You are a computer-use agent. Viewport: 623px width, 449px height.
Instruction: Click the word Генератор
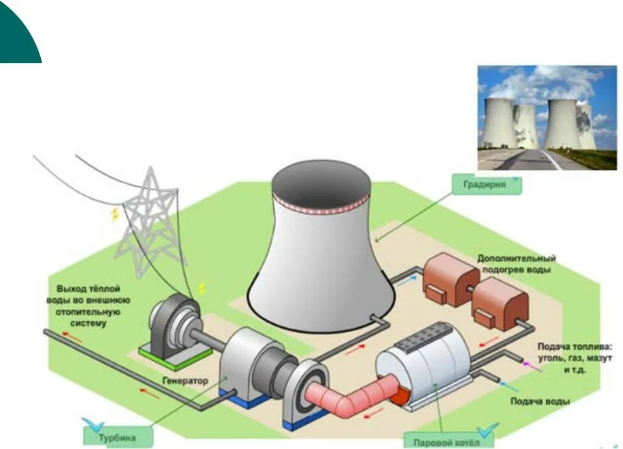[186, 381]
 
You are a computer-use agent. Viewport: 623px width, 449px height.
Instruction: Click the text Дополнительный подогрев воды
[516, 263]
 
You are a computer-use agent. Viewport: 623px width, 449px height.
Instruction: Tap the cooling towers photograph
[547, 117]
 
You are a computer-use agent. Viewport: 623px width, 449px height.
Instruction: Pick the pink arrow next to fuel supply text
[531, 367]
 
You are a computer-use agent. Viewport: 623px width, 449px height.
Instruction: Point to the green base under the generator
[175, 354]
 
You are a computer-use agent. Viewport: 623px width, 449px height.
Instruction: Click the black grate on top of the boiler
[424, 339]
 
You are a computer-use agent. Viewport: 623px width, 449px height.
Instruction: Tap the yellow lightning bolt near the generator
[202, 288]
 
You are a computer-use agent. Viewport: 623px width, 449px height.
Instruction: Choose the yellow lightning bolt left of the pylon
[115, 213]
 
